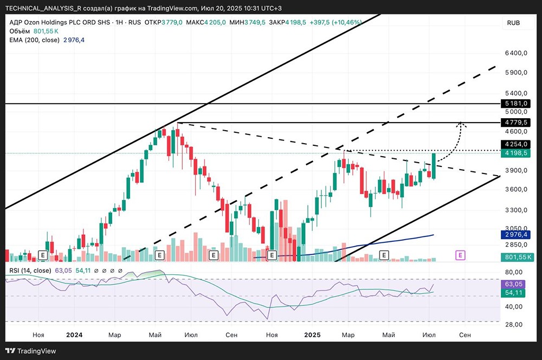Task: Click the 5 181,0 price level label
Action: pos(516,104)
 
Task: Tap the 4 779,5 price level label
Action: pos(516,123)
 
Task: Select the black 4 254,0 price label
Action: pos(516,144)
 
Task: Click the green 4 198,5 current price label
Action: pos(516,153)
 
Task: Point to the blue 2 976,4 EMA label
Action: pos(516,235)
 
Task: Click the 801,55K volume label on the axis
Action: pos(518,257)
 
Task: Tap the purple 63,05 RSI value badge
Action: pos(513,284)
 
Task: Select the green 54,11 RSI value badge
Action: pos(513,293)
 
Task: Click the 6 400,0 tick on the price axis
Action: pos(516,53)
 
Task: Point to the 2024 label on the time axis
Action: pos(74,335)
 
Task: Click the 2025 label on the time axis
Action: pos(312,335)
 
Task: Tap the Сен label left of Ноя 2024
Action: pos(231,335)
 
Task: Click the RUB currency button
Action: pos(513,23)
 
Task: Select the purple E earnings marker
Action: pos(460,255)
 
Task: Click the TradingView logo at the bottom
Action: pos(30,351)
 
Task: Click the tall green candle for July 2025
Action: pos(434,166)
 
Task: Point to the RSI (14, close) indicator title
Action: pos(30,271)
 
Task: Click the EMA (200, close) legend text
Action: pos(34,40)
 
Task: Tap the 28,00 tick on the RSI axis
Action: pos(514,324)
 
